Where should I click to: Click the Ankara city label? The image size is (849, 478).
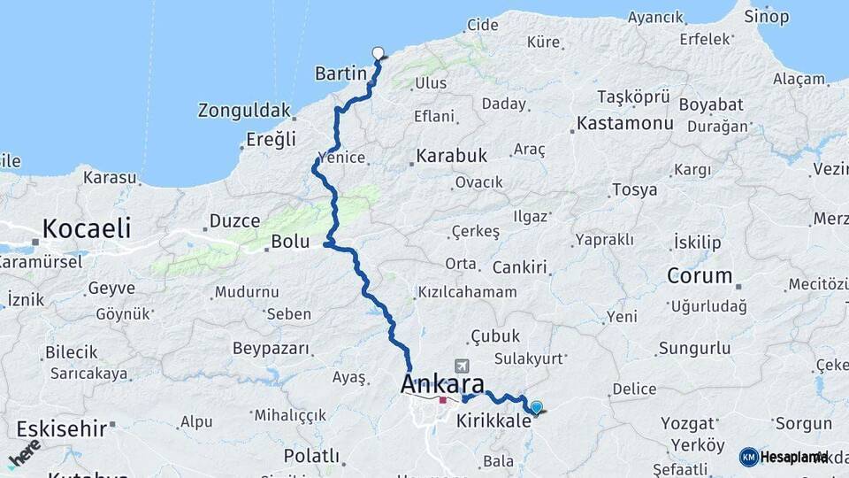(442, 384)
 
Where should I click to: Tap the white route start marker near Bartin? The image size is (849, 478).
(379, 52)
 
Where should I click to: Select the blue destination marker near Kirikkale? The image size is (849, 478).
(536, 407)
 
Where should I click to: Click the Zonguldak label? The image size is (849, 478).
(244, 111)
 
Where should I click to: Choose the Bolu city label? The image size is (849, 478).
(290, 241)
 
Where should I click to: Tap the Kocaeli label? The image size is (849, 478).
(87, 228)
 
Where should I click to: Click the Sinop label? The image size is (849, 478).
(766, 16)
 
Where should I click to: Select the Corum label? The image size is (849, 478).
(700, 275)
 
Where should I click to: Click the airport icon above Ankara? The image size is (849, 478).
(460, 366)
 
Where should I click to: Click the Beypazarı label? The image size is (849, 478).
(271, 348)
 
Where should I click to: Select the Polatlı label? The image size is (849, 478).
(311, 456)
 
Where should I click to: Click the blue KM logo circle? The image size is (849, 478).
(748, 457)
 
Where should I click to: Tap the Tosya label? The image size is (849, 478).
(634, 189)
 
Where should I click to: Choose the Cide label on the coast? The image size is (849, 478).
(482, 25)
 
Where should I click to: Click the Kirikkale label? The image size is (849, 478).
(493, 421)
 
